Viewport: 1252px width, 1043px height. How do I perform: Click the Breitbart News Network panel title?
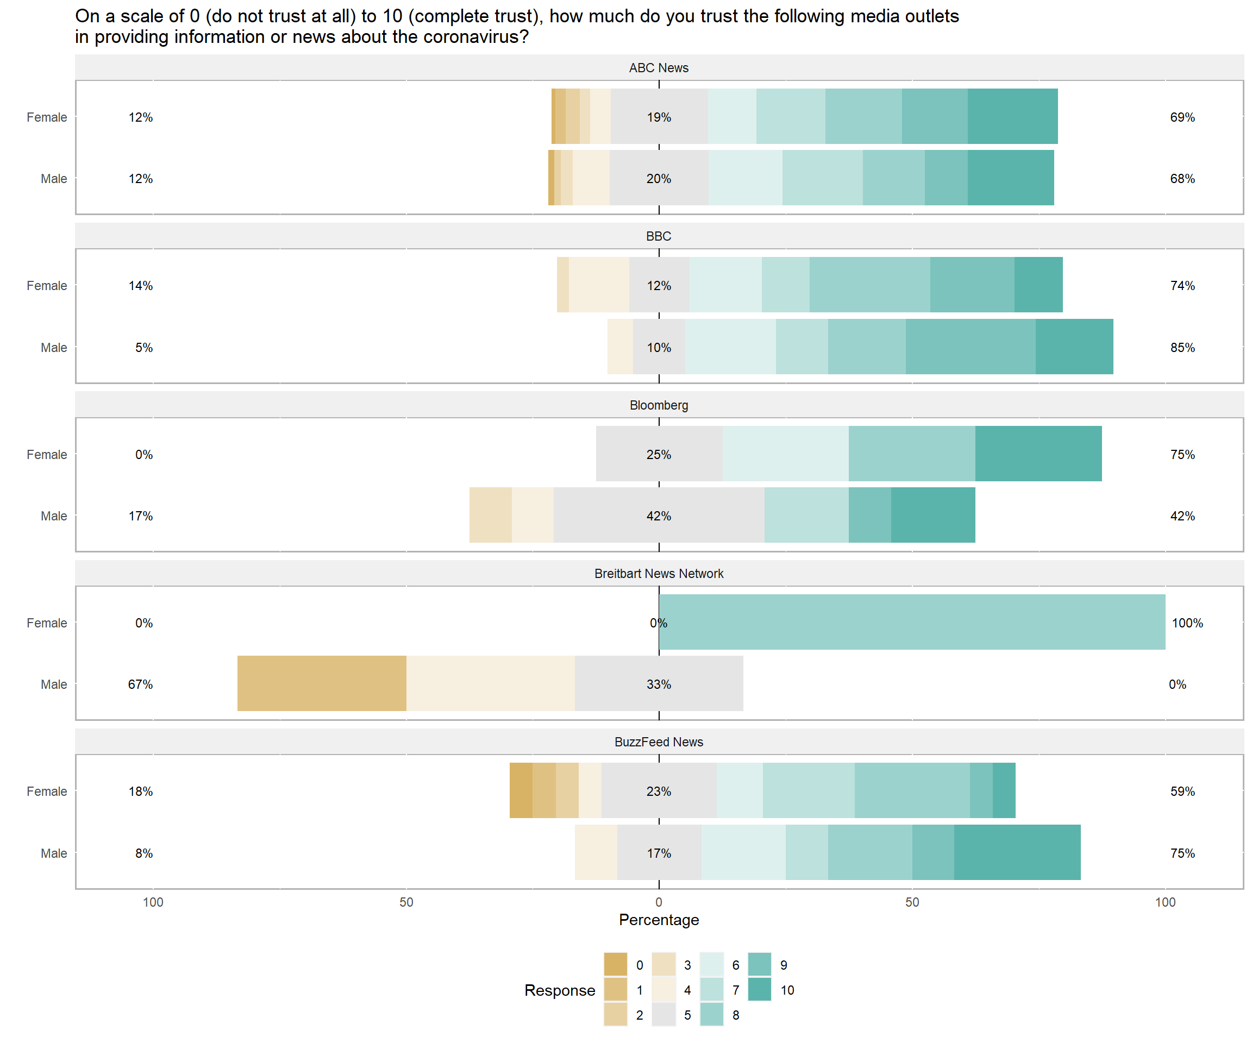tap(658, 573)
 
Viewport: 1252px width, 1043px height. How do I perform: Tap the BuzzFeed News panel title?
tap(658, 742)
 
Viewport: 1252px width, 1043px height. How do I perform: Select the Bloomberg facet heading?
tap(658, 405)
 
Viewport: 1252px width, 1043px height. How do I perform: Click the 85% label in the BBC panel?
tap(1182, 348)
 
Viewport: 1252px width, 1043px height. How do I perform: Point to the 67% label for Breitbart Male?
tap(140, 684)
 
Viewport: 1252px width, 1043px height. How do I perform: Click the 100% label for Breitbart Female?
tap(1187, 623)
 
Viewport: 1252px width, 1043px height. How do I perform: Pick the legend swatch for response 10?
tap(759, 990)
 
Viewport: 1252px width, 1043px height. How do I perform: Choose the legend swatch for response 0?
tap(615, 965)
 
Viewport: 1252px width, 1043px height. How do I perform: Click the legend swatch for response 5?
tap(663, 1015)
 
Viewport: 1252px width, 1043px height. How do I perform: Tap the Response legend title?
tap(559, 990)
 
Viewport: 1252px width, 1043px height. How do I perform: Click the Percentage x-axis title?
tap(658, 920)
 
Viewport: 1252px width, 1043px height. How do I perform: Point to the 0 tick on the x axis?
tap(658, 902)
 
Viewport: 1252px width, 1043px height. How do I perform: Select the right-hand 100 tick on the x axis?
tap(1165, 902)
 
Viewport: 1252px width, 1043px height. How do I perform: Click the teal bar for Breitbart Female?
tap(912, 621)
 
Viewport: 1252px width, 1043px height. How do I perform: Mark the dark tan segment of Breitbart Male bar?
tap(322, 683)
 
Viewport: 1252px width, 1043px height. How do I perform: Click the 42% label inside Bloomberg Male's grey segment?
tap(658, 516)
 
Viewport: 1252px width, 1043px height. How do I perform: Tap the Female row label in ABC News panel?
tap(47, 117)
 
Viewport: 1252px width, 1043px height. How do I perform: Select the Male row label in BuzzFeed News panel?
tap(54, 853)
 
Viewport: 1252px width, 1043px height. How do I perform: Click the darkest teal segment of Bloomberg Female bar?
tap(1038, 454)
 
